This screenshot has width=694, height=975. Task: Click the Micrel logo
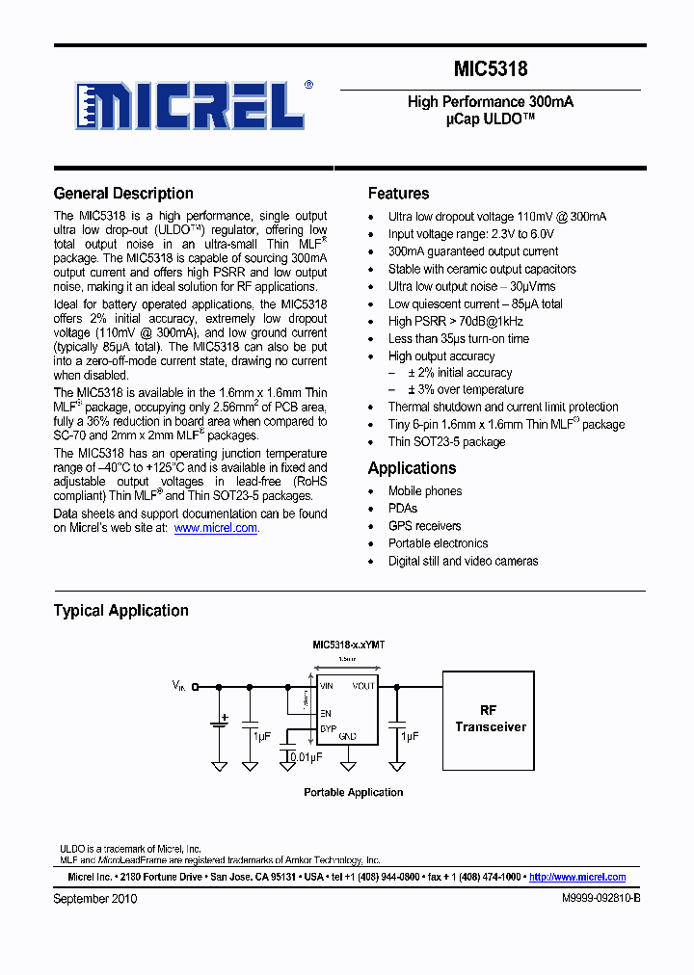[x=194, y=105]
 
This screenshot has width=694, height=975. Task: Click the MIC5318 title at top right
[x=491, y=69]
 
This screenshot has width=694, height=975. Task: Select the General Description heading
[x=123, y=194]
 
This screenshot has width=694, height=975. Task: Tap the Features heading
[x=398, y=194]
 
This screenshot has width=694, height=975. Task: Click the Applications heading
[x=412, y=468]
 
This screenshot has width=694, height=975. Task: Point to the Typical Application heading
[x=120, y=611]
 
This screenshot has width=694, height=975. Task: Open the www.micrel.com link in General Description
[x=216, y=528]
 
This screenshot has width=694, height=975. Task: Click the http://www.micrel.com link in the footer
[x=577, y=877]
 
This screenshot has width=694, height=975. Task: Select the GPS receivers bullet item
[x=424, y=526]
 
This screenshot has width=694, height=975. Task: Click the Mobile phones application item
[x=424, y=491]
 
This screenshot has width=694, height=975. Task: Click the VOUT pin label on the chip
[x=363, y=686]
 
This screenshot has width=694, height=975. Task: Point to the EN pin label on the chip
[x=325, y=713]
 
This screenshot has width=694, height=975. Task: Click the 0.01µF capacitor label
[x=307, y=757]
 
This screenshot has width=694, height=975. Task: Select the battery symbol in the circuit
[x=220, y=723]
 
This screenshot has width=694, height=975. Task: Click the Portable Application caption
[x=353, y=792]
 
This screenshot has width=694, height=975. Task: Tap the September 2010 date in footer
[x=95, y=898]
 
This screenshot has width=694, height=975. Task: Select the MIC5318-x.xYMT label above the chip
[x=348, y=645]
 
